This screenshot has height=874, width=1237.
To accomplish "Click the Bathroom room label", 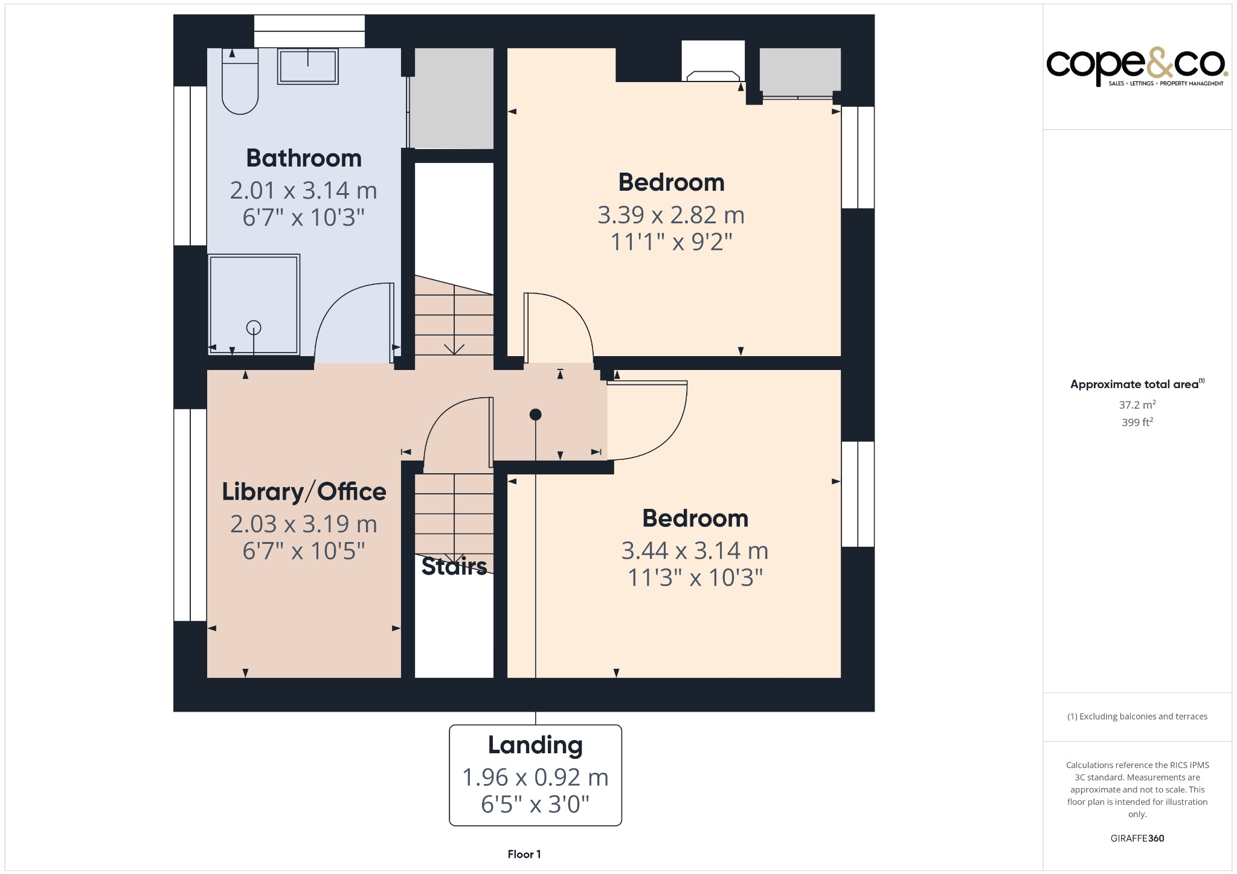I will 304,158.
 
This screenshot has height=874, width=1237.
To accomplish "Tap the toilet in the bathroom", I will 240,85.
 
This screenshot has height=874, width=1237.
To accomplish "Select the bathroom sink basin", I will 307,66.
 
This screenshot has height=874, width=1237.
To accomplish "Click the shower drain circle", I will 254,328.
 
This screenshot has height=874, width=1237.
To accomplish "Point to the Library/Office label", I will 304,491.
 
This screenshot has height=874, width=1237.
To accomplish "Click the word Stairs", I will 454,566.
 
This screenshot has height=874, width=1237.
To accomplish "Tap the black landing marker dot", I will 535,415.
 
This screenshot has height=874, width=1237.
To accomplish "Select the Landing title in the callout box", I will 535,745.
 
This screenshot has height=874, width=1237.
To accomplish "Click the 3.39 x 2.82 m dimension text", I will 670,215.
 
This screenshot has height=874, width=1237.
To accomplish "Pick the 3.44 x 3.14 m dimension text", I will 695,550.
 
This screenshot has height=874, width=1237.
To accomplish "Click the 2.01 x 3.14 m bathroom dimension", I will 303,191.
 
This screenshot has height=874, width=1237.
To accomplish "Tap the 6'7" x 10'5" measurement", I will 303,550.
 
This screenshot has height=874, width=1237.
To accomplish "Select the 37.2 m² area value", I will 1137,405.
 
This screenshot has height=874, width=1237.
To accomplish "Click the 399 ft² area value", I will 1137,423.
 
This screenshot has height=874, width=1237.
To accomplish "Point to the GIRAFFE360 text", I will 1137,838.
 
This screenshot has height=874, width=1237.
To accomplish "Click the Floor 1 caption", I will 524,854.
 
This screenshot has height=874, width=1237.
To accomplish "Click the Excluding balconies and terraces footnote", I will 1137,716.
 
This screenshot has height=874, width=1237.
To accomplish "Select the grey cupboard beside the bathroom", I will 454,98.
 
